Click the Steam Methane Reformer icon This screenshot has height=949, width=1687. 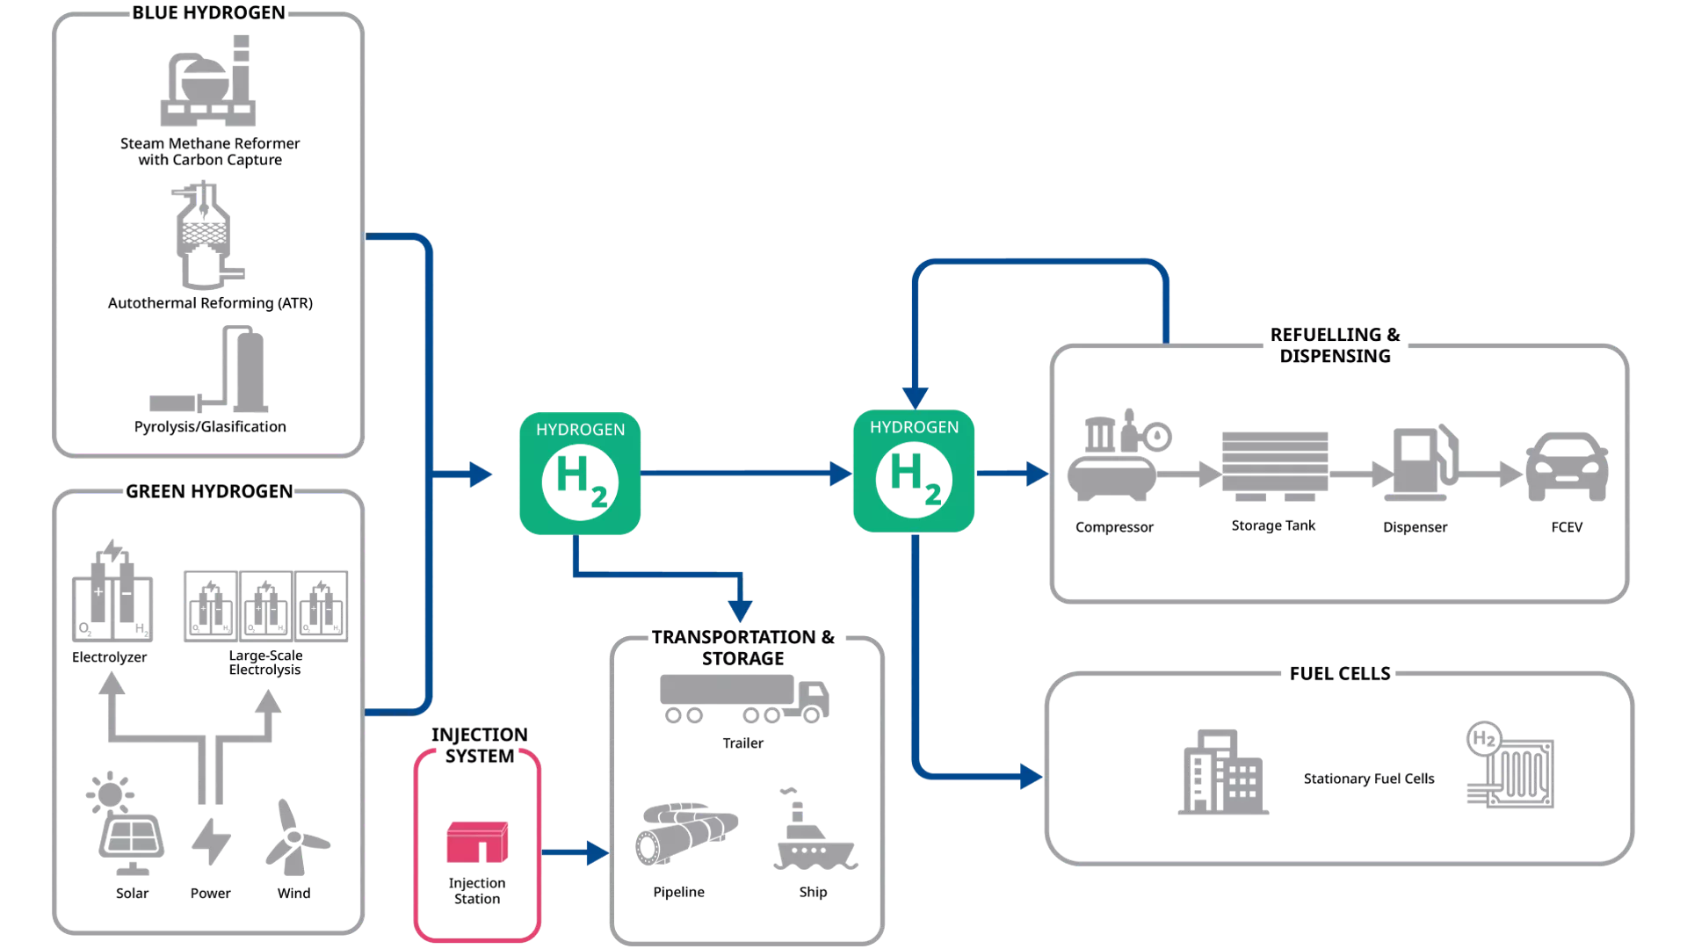click(208, 81)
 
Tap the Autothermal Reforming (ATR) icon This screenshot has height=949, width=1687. click(206, 235)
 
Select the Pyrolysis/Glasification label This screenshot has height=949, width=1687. click(210, 426)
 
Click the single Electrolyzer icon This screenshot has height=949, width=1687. click(112, 590)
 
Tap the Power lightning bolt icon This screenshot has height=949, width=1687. click(211, 842)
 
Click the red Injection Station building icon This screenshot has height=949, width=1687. click(477, 842)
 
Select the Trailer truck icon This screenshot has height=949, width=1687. click(744, 699)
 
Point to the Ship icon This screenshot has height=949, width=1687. click(815, 830)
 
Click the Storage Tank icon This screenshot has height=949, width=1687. click(1274, 466)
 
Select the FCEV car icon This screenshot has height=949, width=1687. click(1567, 467)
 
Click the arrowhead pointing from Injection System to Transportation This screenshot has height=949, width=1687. click(598, 852)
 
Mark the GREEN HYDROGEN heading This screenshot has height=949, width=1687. click(209, 491)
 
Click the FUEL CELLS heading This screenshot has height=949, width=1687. click(1340, 674)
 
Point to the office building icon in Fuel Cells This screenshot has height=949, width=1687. click(1223, 772)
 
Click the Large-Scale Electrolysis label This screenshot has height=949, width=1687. click(265, 663)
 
